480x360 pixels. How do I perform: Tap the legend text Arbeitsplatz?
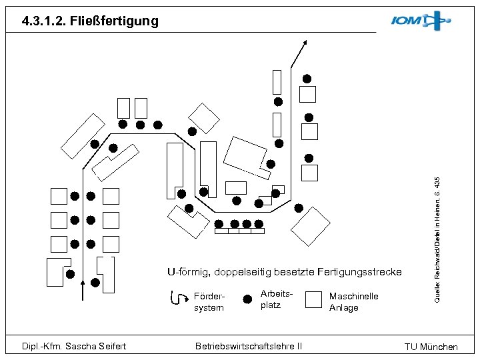271,299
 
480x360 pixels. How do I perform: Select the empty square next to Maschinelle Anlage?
313,299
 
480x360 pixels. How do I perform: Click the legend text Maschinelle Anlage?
354,302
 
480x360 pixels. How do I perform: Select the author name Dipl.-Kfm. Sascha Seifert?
74,346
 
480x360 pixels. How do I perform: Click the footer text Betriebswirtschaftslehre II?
248,346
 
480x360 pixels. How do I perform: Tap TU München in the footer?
431,347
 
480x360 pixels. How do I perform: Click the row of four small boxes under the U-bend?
239,231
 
